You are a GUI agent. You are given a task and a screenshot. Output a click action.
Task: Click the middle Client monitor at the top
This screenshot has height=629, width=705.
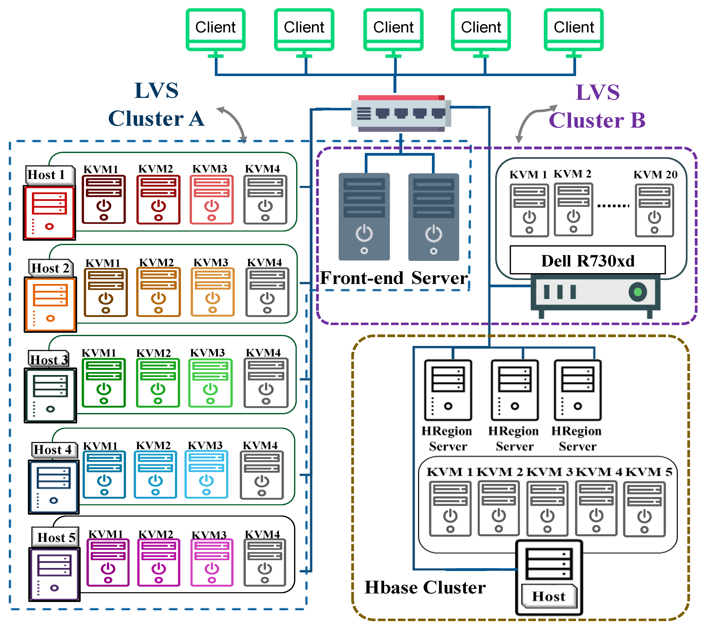(393, 29)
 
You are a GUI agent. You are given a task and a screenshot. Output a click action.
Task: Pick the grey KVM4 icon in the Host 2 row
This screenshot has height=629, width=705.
(267, 292)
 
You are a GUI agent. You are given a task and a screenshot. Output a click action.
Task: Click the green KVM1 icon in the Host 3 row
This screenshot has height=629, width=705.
(104, 383)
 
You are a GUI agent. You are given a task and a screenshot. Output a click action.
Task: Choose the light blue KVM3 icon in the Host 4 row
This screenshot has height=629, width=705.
(207, 474)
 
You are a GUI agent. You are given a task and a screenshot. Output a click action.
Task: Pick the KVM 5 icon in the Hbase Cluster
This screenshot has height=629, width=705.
(644, 509)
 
